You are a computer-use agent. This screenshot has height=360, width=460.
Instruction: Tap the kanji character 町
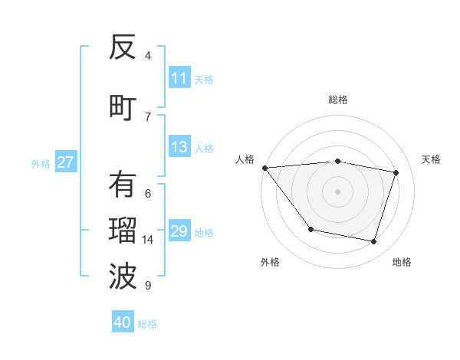click(x=123, y=107)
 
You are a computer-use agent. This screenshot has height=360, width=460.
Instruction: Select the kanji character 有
click(x=123, y=184)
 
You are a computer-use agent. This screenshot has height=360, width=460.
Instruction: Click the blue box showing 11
click(x=179, y=78)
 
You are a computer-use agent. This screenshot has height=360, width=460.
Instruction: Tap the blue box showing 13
click(x=179, y=147)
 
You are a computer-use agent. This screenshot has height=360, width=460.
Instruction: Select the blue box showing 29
click(x=179, y=231)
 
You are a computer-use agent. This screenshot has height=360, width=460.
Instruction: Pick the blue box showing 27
click(x=65, y=162)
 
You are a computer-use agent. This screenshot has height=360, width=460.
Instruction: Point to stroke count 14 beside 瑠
click(x=148, y=240)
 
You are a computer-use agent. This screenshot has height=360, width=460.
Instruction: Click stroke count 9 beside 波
click(x=148, y=286)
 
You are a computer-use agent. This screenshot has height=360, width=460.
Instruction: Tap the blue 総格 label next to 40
click(x=148, y=324)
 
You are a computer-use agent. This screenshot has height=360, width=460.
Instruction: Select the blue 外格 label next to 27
click(x=41, y=163)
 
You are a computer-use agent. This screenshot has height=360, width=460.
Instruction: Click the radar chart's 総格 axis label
click(x=337, y=100)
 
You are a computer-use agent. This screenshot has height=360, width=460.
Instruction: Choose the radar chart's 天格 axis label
click(x=431, y=159)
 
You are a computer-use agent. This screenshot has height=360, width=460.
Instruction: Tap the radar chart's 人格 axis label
click(x=245, y=159)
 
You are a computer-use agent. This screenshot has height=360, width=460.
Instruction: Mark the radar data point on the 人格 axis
click(x=264, y=168)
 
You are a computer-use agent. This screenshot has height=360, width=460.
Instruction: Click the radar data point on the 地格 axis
click(x=374, y=242)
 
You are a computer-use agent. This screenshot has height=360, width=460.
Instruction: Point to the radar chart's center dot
click(x=337, y=191)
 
